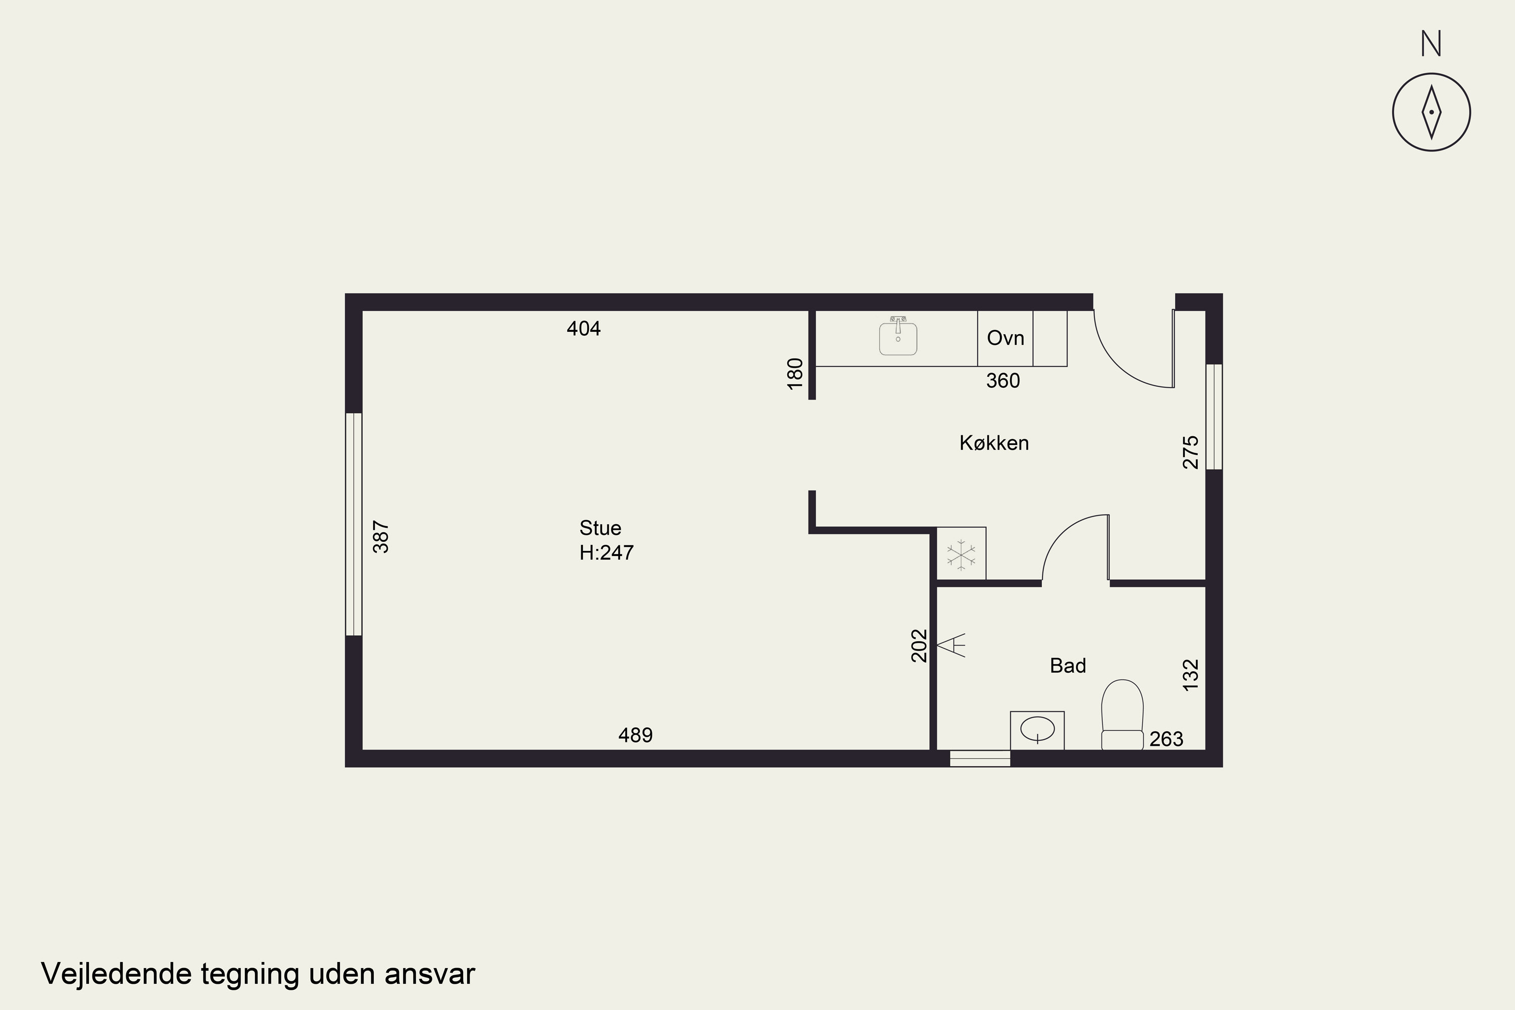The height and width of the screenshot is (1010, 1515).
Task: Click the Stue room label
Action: click(x=600, y=528)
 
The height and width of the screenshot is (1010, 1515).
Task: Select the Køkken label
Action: click(x=994, y=443)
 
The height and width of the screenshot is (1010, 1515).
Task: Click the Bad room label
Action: click(x=1068, y=666)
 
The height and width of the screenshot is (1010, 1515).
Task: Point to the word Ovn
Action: click(x=1005, y=338)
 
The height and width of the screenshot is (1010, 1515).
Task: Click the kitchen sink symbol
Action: click(x=898, y=336)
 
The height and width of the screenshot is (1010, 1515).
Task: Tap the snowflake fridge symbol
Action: click(x=961, y=554)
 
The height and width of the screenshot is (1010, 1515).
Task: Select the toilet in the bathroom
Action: click(x=1122, y=715)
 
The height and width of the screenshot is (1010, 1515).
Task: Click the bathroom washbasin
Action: click(x=1037, y=730)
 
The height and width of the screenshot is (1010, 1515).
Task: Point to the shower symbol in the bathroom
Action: click(x=951, y=645)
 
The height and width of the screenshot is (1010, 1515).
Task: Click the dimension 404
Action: click(x=584, y=329)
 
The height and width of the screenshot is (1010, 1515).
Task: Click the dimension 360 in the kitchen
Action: click(x=1003, y=381)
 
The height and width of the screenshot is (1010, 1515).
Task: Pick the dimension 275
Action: click(x=1191, y=452)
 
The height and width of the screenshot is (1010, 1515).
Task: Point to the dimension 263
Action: click(x=1167, y=739)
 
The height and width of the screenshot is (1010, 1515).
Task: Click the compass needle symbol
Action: click(x=1431, y=112)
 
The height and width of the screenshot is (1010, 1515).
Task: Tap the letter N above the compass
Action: click(x=1431, y=44)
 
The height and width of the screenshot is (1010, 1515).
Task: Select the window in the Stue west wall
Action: click(x=353, y=524)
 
